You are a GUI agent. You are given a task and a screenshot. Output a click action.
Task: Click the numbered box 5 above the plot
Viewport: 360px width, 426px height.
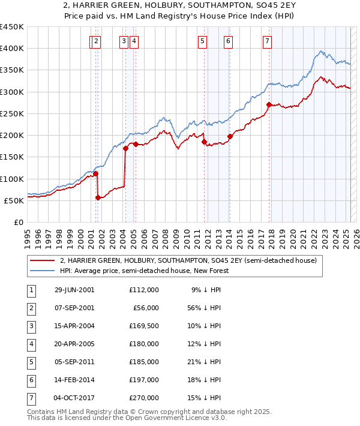coord(202,41)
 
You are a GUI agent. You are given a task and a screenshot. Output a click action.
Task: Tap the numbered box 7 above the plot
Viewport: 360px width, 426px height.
coord(266,41)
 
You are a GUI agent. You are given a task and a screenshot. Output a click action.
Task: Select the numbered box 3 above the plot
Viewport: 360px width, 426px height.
coord(123,41)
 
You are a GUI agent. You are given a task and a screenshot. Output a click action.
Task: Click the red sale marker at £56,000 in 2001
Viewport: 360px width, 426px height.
coord(98,197)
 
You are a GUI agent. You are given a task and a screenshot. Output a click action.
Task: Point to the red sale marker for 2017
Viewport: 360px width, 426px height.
coord(269,105)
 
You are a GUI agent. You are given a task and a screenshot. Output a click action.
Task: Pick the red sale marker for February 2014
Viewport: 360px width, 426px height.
coord(230,136)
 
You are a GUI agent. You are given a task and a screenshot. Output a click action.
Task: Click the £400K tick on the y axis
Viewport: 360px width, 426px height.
coord(12,49)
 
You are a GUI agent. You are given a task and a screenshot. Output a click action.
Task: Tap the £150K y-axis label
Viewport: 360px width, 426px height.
coord(12,157)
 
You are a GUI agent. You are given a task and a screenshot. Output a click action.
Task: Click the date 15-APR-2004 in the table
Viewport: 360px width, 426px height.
coord(74,327)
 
